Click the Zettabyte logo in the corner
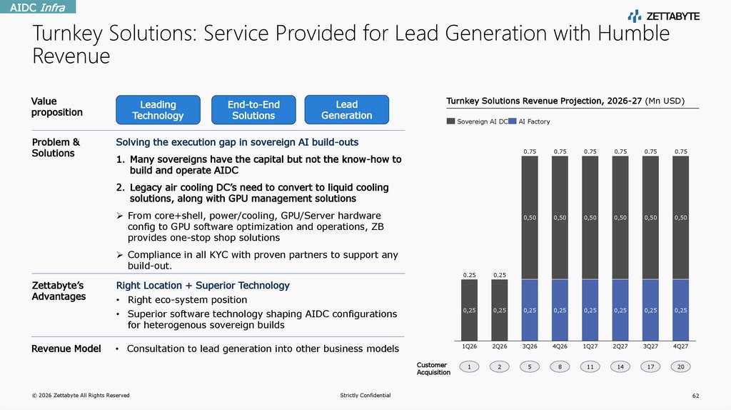[663, 16]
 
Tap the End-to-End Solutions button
[253, 110]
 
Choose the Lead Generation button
[346, 110]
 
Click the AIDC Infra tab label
[38, 7]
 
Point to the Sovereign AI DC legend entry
[477, 122]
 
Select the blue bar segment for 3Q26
[530, 309]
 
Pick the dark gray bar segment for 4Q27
[681, 217]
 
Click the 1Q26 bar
[469, 309]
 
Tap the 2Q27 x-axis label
[620, 346]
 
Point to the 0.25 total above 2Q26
[499, 274]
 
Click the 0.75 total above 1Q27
[590, 151]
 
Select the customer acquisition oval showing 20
[681, 366]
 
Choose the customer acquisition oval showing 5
[530, 366]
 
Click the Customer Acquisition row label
[433, 369]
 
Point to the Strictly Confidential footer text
[365, 396]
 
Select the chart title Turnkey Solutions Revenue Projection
[544, 101]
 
